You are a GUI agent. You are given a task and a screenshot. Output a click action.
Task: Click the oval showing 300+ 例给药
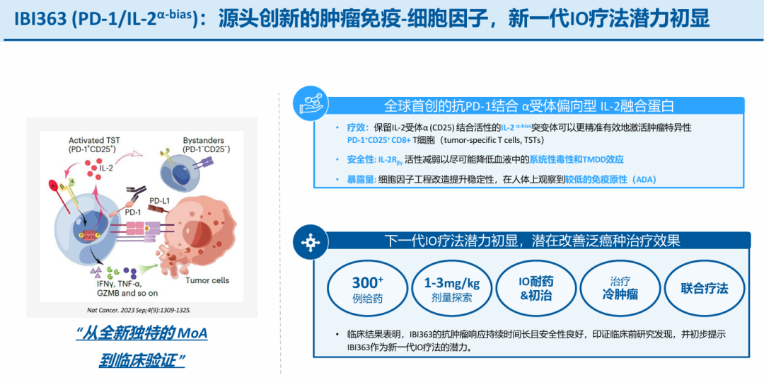pyautogui.click(x=367, y=288)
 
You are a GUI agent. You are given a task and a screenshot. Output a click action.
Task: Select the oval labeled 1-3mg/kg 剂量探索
pyautogui.click(x=451, y=288)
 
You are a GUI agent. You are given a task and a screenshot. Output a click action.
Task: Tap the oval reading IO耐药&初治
pyautogui.click(x=536, y=288)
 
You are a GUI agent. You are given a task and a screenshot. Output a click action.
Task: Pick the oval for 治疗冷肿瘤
pyautogui.click(x=620, y=288)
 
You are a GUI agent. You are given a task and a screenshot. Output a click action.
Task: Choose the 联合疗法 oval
pyautogui.click(x=704, y=288)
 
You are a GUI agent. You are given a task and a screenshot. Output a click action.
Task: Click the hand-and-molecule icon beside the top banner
pyautogui.click(x=309, y=103)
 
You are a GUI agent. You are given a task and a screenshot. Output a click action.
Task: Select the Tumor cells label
pyautogui.click(x=207, y=280)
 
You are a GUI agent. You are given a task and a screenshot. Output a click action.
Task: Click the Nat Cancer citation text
pyautogui.click(x=134, y=310)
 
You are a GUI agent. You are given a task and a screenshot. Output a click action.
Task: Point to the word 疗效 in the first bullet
pyautogui.click(x=356, y=128)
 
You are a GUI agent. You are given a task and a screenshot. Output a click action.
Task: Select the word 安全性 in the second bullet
pyautogui.click(x=360, y=160)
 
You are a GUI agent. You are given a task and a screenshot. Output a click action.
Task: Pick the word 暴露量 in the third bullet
pyautogui.click(x=360, y=180)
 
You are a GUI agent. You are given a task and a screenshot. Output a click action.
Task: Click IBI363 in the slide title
pyautogui.click(x=38, y=18)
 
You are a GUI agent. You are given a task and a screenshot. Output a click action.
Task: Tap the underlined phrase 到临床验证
pyautogui.click(x=141, y=360)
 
